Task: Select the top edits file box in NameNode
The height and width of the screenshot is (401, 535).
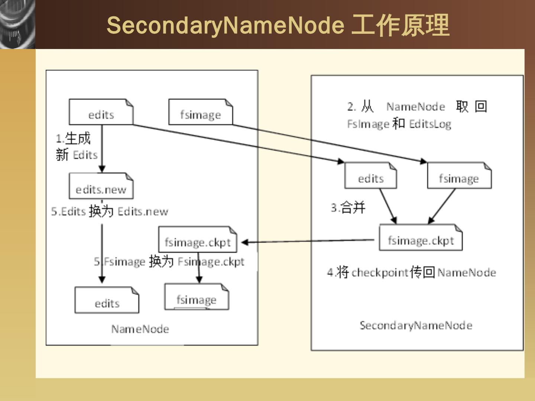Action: (x=101, y=112)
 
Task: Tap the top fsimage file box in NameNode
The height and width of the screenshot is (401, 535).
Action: (x=201, y=112)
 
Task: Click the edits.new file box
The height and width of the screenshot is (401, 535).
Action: (x=101, y=186)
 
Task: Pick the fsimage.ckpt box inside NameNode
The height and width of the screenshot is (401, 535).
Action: (x=198, y=240)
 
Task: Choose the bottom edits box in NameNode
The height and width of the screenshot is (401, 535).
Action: (x=107, y=300)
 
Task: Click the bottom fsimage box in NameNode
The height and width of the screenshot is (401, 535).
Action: (x=197, y=297)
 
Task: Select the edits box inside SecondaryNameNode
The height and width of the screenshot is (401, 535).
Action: (x=371, y=176)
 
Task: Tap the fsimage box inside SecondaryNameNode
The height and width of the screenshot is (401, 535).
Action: (x=459, y=176)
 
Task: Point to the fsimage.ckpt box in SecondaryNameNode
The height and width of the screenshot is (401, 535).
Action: (x=421, y=238)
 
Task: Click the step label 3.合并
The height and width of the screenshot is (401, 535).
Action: (x=348, y=207)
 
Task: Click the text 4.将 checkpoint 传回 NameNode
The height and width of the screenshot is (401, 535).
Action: (x=411, y=273)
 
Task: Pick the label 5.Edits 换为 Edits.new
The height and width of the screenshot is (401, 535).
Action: (x=110, y=212)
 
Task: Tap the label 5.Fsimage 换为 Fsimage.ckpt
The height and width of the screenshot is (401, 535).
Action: (x=169, y=262)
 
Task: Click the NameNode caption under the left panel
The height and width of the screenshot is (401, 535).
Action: (x=140, y=329)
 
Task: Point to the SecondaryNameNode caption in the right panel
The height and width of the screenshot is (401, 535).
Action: (x=416, y=326)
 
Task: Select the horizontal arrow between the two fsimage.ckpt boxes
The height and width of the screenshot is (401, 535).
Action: (x=308, y=241)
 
